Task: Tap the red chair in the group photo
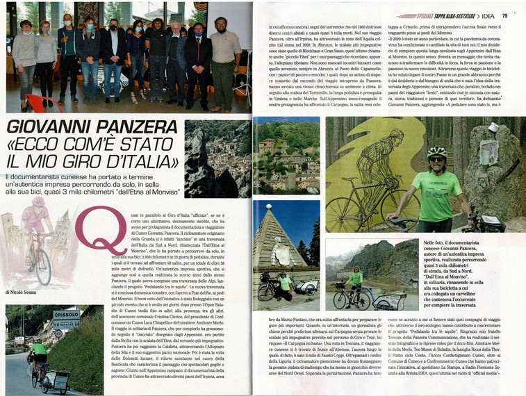tap(39, 104)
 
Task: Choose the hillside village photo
tap(286, 156)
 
